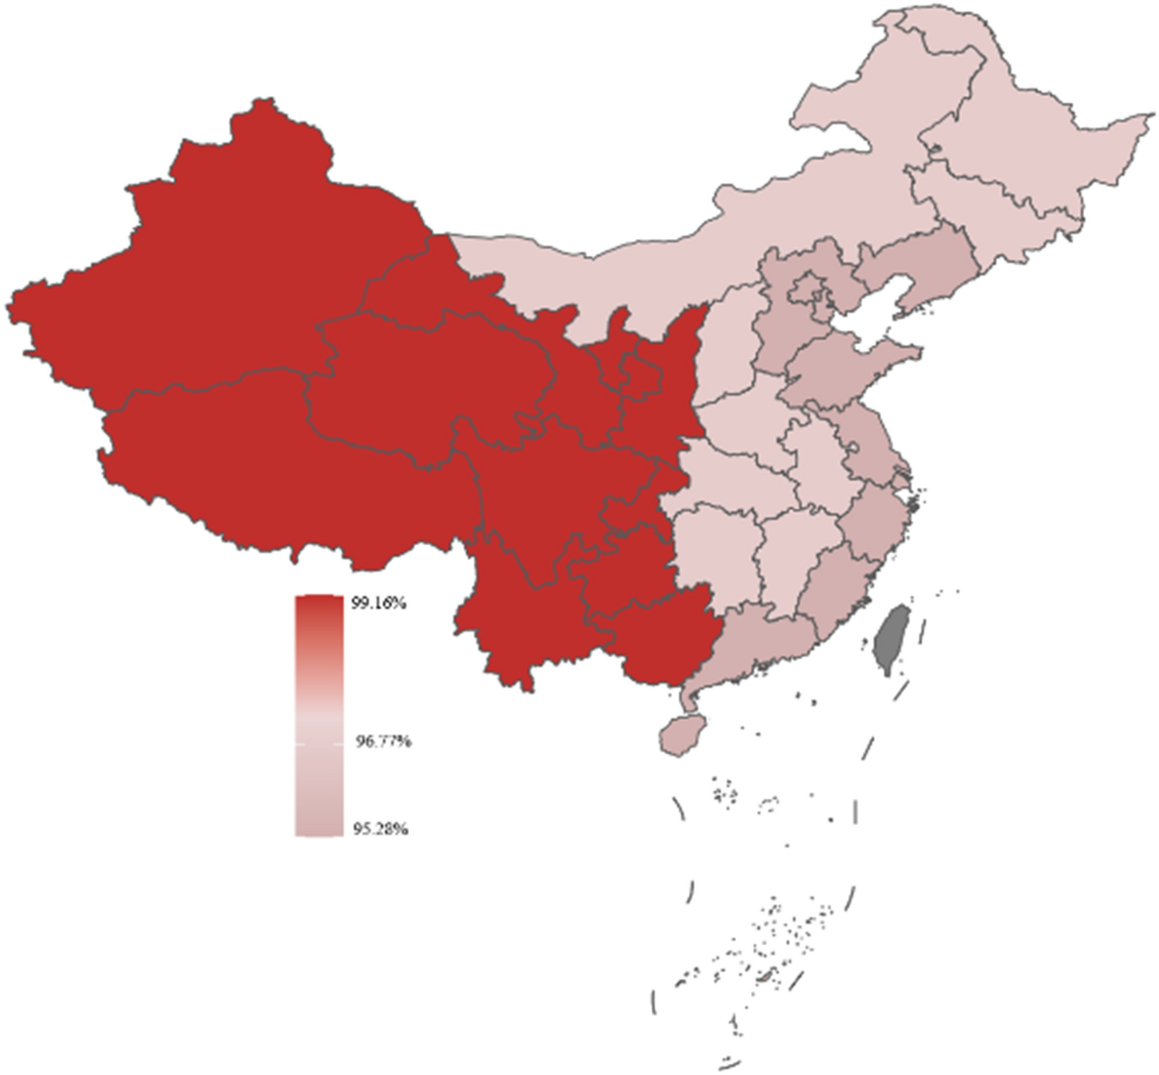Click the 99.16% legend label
378,603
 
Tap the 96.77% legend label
383,742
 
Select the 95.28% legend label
380,829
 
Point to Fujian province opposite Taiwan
835,588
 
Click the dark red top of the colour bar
319,607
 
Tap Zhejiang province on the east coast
874,518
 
